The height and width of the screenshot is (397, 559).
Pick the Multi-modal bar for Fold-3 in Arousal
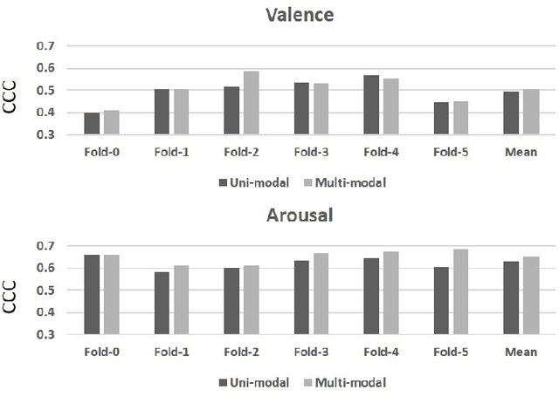(321, 293)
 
